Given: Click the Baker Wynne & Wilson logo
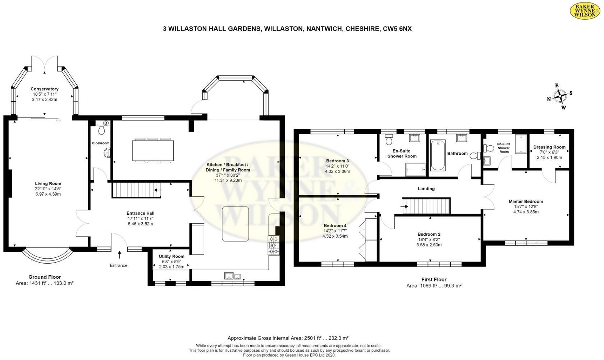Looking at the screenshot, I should click(x=585, y=11).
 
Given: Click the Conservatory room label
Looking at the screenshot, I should click(x=44, y=89).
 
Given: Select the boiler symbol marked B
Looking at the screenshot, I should click(x=106, y=123).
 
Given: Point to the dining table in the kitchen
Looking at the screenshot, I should click(x=153, y=150).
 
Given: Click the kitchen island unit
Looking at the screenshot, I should click(x=235, y=223).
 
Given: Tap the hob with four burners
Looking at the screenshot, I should click(x=274, y=245).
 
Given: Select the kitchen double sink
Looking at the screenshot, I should click(x=233, y=276).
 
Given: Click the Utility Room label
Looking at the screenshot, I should click(x=171, y=256).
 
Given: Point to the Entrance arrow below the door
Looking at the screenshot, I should click(x=119, y=255).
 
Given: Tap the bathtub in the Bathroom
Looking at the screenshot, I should click(x=438, y=155).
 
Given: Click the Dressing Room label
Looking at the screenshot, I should click(x=549, y=147).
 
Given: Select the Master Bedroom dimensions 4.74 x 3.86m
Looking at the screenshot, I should click(x=526, y=212).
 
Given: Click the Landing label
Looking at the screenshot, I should click(x=426, y=188).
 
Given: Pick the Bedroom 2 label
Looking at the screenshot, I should click(x=429, y=234).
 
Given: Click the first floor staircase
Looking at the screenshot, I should click(x=426, y=206).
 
